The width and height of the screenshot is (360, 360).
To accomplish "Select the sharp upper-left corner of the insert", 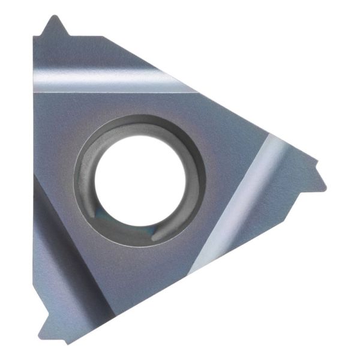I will click(x=34, y=38).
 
